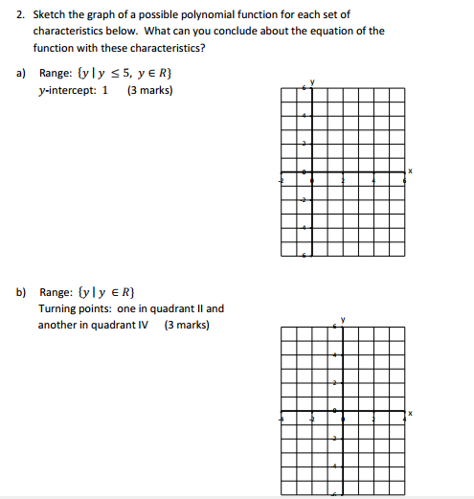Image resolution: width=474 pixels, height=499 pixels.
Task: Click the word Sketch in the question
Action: point(49,14)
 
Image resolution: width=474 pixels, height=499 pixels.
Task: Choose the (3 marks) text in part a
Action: point(149,91)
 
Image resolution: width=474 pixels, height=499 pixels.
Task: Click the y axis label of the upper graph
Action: point(309,79)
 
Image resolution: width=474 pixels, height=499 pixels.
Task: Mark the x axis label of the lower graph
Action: point(410,414)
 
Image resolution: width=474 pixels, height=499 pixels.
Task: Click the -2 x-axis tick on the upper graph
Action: point(281,179)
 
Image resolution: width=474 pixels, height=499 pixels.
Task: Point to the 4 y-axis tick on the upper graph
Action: point(305,115)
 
